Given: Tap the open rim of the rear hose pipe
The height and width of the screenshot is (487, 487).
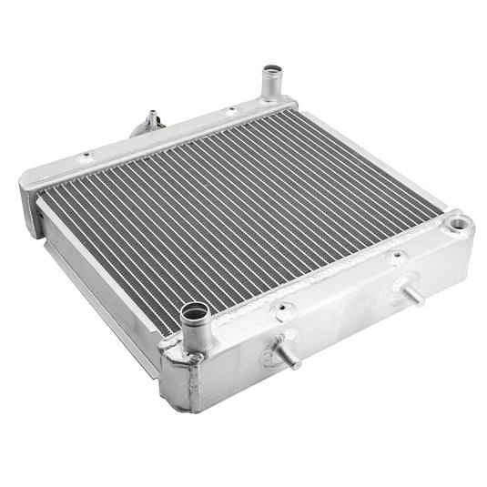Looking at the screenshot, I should (272, 70).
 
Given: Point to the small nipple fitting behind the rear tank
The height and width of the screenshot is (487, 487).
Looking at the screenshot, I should (149, 122).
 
